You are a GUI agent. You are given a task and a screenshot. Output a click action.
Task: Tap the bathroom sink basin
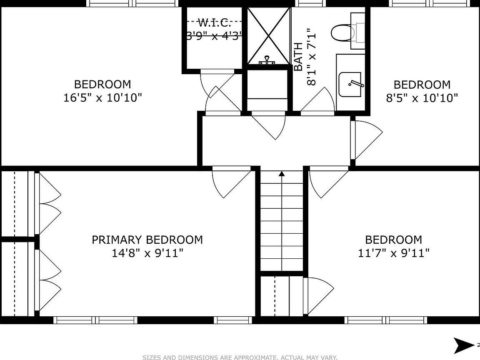350,85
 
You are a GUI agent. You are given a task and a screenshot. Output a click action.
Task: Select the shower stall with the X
268,36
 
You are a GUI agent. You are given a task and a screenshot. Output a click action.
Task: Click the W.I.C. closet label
214,22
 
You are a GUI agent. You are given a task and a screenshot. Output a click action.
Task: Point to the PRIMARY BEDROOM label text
147,240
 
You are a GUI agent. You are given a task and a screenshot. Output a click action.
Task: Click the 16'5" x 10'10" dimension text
103,98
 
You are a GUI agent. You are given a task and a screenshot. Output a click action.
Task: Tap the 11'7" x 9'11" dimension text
394,253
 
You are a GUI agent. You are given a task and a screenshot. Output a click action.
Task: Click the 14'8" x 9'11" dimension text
147,253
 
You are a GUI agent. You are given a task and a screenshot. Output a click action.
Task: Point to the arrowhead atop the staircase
282,174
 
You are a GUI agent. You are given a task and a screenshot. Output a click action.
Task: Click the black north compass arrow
463,345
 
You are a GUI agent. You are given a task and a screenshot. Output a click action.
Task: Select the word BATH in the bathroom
298,57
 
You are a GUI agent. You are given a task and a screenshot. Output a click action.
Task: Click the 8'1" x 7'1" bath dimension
311,57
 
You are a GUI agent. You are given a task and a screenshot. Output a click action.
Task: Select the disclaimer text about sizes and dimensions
240,357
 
